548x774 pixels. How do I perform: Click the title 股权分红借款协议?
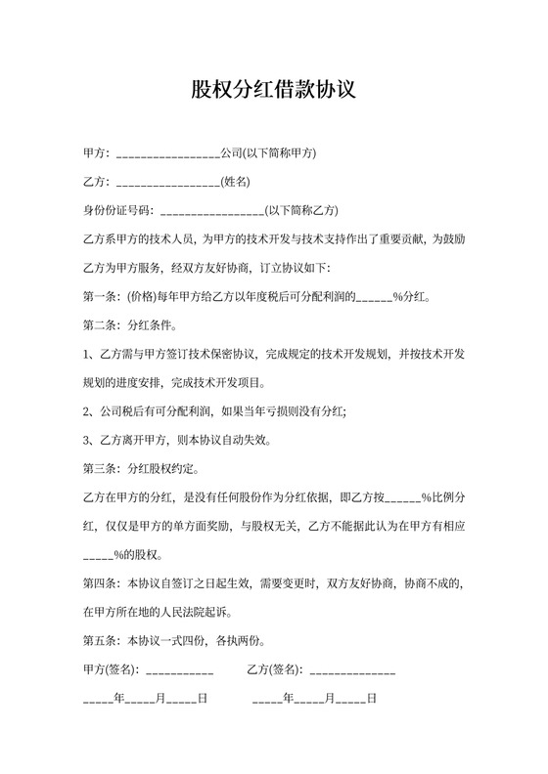pyautogui.click(x=273, y=91)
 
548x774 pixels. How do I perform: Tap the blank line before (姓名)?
pyautogui.click(x=167, y=183)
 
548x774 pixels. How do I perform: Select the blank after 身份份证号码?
pyautogui.click(x=210, y=210)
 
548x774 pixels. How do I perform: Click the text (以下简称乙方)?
pyautogui.click(x=302, y=209)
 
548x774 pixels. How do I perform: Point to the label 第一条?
pyautogui.click(x=100, y=294)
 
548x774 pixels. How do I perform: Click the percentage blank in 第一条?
pyautogui.click(x=373, y=296)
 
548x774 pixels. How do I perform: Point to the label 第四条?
pyautogui.click(x=100, y=584)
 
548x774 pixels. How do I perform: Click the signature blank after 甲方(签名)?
pyautogui.click(x=180, y=671)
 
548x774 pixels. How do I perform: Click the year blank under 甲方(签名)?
pyautogui.click(x=99, y=700)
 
